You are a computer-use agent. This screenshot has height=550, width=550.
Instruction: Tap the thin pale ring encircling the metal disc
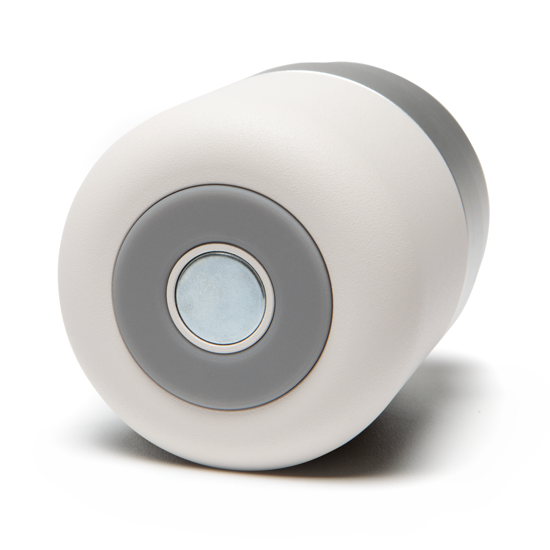point(220,249)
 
